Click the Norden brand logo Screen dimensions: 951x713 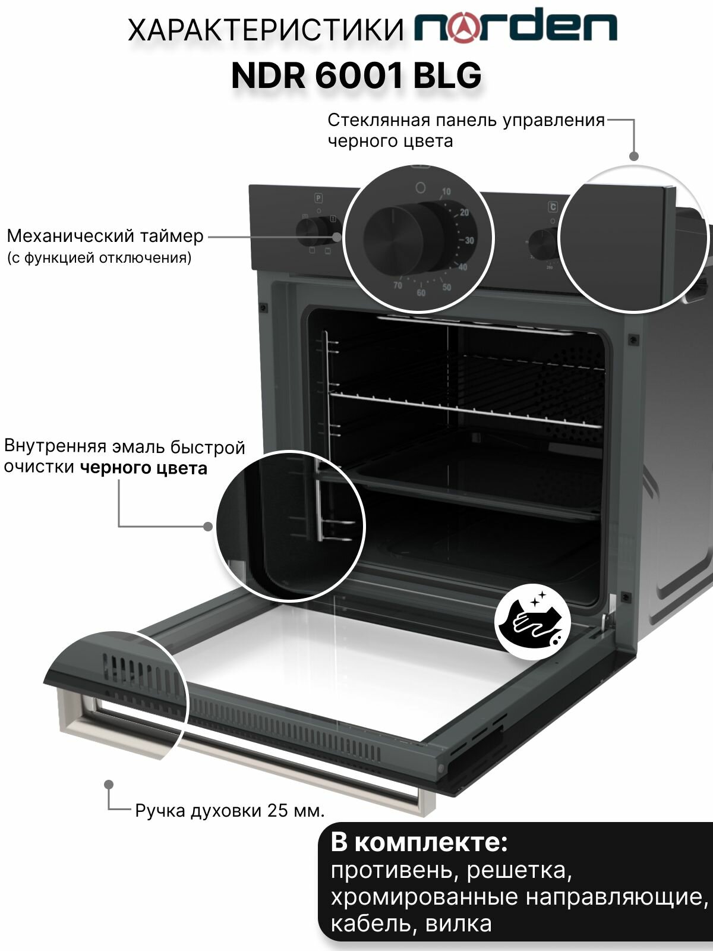click(516, 27)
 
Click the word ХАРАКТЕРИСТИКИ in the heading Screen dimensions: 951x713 click(266, 30)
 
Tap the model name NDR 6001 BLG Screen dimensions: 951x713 click(356, 75)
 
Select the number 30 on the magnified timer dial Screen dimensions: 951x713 click(469, 241)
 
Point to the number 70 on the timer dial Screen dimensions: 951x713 click(397, 285)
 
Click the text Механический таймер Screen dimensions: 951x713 click(105, 236)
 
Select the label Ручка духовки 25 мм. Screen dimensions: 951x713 click(229, 811)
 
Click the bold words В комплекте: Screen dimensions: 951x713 click(419, 842)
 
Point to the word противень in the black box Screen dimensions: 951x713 click(392, 870)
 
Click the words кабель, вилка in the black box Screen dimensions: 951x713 click(411, 923)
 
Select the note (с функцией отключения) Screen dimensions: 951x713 click(99, 258)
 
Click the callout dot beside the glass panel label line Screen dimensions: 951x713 click(634, 156)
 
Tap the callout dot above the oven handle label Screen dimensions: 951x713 click(109, 785)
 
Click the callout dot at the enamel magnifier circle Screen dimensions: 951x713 click(208, 526)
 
